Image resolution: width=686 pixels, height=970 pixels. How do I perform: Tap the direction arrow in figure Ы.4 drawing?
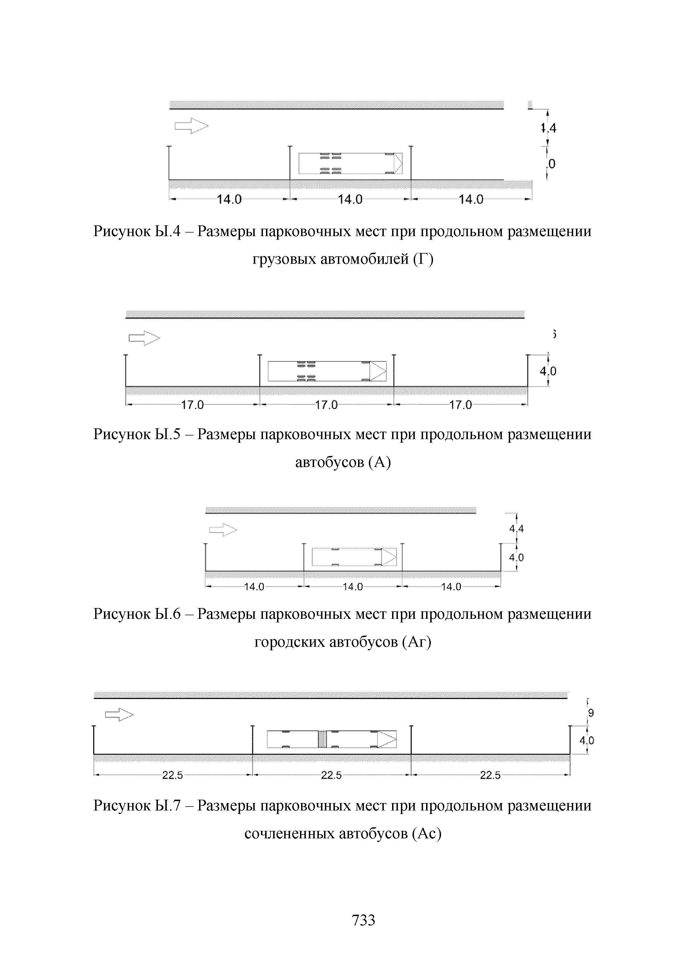(191, 126)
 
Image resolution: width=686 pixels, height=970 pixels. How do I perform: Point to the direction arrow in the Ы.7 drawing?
(119, 715)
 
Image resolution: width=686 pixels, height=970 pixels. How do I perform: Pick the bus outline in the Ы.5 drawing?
(327, 371)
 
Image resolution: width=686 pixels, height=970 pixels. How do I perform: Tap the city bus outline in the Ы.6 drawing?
(354, 557)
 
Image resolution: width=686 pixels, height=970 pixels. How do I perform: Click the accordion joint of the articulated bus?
(322, 739)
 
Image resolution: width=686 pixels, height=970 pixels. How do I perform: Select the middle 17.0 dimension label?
(327, 405)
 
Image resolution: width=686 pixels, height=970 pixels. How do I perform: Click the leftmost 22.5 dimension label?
(172, 775)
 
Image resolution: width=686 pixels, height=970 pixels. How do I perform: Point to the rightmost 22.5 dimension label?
(490, 775)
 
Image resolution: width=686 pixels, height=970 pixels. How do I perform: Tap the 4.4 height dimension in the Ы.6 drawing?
(516, 528)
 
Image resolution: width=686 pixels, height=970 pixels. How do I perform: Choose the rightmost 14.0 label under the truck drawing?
(471, 199)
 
